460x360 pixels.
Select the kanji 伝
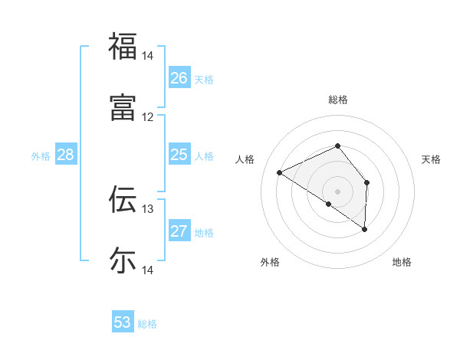tap(122, 199)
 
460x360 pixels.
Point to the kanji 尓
tap(122, 260)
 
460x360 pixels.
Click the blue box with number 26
tap(179, 78)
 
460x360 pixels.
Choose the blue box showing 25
tap(179, 155)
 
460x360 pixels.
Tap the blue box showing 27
tap(179, 231)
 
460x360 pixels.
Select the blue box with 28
tap(65, 155)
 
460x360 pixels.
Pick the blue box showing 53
tap(123, 322)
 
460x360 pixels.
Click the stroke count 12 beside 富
tap(147, 116)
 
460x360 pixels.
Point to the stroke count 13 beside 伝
tap(147, 208)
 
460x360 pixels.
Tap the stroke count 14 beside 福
tap(147, 56)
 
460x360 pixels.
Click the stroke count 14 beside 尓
tap(147, 270)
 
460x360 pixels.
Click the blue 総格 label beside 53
tap(147, 324)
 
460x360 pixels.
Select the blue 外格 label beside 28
tap(41, 156)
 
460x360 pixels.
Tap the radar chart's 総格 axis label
tap(337, 100)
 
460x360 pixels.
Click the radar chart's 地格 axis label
tap(402, 262)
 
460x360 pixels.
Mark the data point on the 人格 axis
tap(280, 172)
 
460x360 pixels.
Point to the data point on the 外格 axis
tap(329, 204)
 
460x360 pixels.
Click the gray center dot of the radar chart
tap(337, 191)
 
